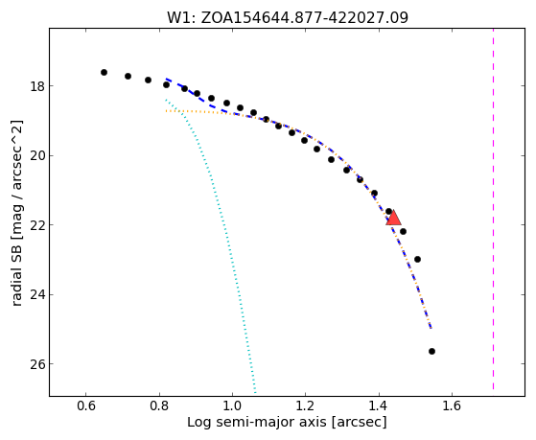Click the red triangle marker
click(x=393, y=219)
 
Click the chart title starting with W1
click(x=288, y=17)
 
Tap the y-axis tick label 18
click(x=37, y=86)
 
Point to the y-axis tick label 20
click(x=37, y=155)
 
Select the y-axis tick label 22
click(x=37, y=225)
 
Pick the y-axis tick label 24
click(x=37, y=294)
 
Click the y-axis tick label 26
click(x=37, y=364)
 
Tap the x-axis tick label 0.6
click(x=85, y=405)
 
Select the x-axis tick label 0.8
click(x=159, y=405)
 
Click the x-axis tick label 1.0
click(x=232, y=405)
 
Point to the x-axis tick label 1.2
click(x=306, y=405)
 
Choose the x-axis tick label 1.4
click(x=379, y=405)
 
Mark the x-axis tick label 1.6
click(x=452, y=405)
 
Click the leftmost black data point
click(x=104, y=72)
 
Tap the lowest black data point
click(x=431, y=351)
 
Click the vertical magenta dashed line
click(x=493, y=209)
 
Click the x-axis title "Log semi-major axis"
click(x=257, y=422)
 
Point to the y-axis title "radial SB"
click(x=17, y=281)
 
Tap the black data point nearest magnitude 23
click(x=417, y=259)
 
